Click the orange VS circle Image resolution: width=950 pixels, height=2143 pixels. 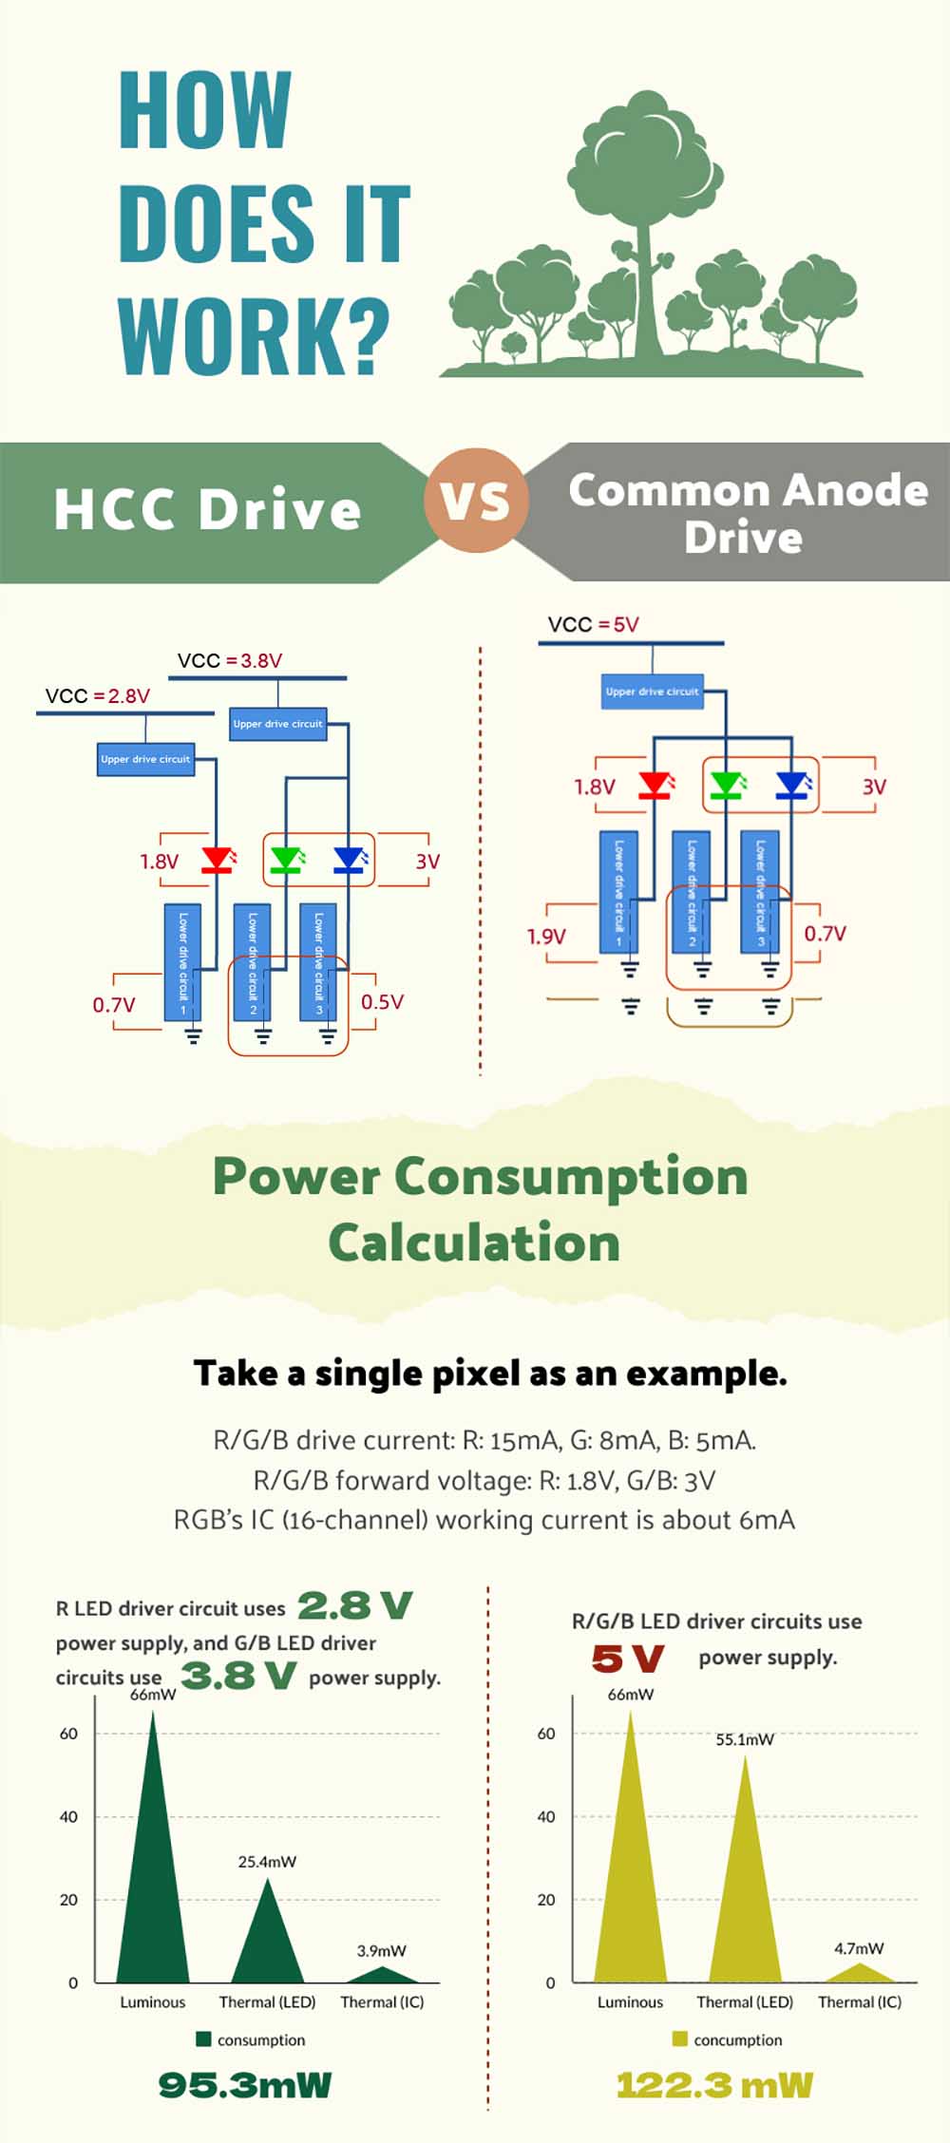pyautogui.click(x=474, y=501)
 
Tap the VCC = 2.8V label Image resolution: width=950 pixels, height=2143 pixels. pyautogui.click(x=98, y=696)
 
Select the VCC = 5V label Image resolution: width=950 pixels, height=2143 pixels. pyautogui.click(x=594, y=625)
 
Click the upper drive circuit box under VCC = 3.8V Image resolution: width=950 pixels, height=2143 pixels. pyautogui.click(x=278, y=724)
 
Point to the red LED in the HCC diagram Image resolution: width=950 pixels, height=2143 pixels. pyautogui.click(x=218, y=861)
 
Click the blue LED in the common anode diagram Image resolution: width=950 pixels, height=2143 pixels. pyautogui.click(x=792, y=786)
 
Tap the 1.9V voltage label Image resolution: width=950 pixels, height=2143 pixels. pyautogui.click(x=546, y=937)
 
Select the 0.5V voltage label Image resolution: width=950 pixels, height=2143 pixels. pyautogui.click(x=382, y=1002)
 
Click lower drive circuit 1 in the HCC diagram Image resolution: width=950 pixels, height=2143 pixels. pyautogui.click(x=182, y=962)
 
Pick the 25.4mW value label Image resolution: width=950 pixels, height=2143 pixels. pyautogui.click(x=267, y=1862)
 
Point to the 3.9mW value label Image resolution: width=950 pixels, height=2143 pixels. pyautogui.click(x=381, y=1950)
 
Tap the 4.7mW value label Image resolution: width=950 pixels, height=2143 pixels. pyautogui.click(x=859, y=1948)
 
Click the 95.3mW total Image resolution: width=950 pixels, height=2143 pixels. pyautogui.click(x=245, y=2085)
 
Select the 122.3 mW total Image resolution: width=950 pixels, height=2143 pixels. pyautogui.click(x=714, y=2085)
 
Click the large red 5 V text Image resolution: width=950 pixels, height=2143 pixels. pyautogui.click(x=627, y=1659)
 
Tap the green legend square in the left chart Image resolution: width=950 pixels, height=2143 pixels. pyautogui.click(x=202, y=2039)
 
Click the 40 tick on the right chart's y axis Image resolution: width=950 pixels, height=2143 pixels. pyautogui.click(x=546, y=1816)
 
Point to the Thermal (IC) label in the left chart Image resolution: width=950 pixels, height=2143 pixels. pyautogui.click(x=382, y=2001)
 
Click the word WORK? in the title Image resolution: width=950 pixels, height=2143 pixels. pyautogui.click(x=254, y=336)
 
